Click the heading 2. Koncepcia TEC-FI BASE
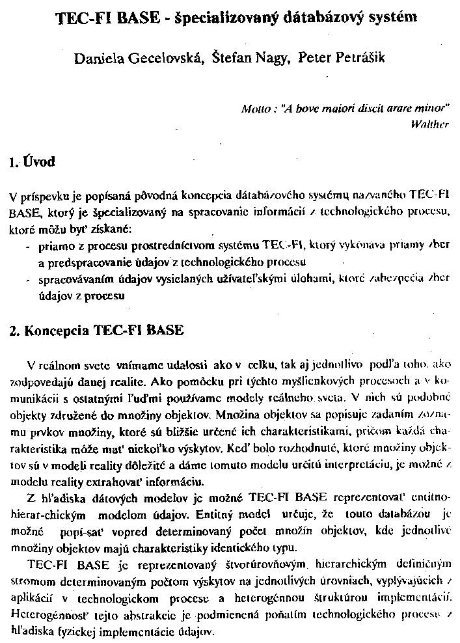[x=97, y=330]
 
